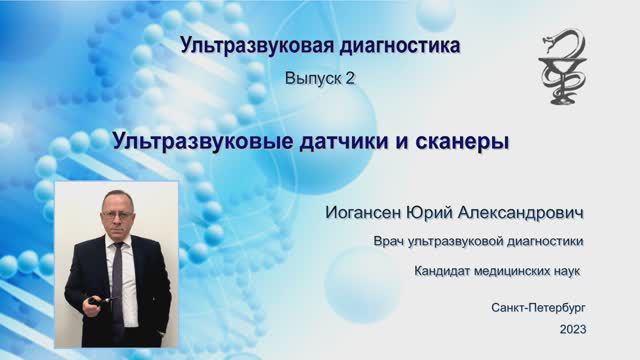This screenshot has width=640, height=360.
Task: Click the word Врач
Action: [388, 241]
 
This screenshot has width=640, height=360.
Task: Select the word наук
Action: [565, 270]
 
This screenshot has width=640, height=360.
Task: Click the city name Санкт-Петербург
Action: [540, 307]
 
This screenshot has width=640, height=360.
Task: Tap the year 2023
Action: [574, 329]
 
